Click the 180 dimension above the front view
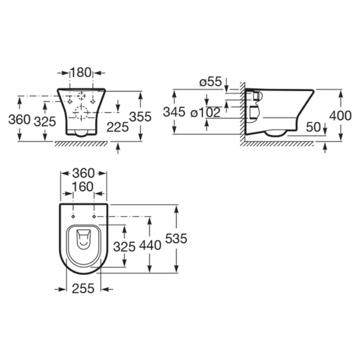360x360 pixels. point(81,72)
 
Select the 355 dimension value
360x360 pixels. point(140,117)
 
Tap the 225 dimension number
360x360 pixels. point(118,127)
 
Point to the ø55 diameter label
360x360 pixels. point(211,82)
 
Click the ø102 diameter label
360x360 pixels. point(206,112)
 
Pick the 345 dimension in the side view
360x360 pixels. point(174,112)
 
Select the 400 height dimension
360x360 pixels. point(340,116)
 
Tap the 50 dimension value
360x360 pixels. point(313,127)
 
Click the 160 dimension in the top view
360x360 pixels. point(83,187)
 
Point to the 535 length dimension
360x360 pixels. point(176,238)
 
